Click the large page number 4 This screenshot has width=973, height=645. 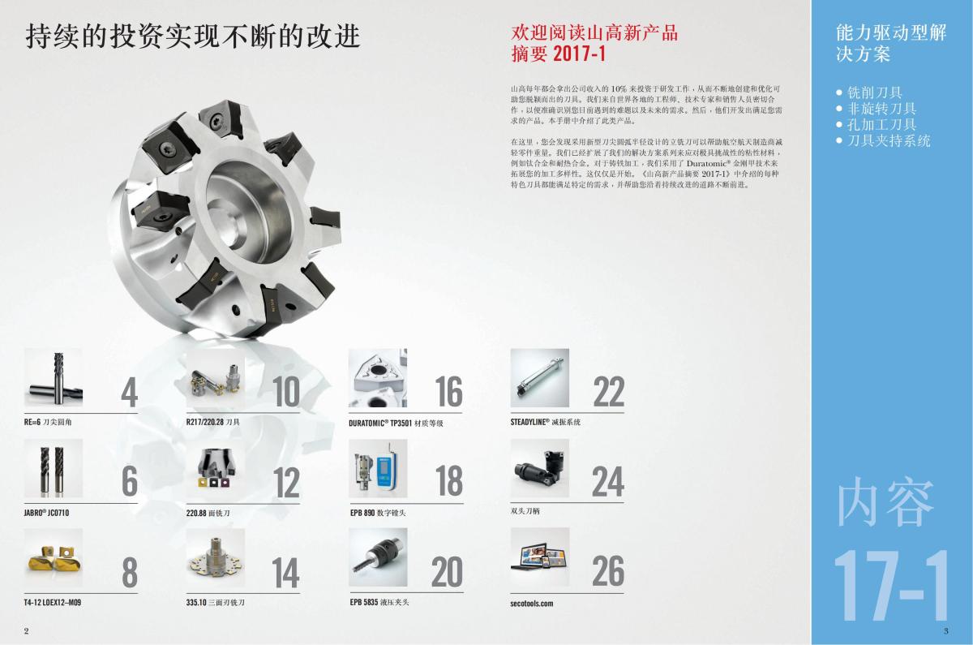click(x=130, y=393)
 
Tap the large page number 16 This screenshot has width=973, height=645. click(x=448, y=392)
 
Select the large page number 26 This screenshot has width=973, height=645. click(x=608, y=570)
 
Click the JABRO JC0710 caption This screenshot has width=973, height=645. click(x=46, y=513)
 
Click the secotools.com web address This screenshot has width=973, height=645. click(x=532, y=604)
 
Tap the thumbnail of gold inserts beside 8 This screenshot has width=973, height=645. click(x=54, y=557)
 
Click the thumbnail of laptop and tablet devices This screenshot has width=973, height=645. click(x=539, y=557)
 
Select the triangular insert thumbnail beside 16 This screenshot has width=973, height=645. click(x=378, y=378)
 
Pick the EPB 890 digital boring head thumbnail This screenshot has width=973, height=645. click(x=378, y=468)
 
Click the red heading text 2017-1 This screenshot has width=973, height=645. click(x=579, y=54)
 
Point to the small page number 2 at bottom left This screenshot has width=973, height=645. click(x=27, y=631)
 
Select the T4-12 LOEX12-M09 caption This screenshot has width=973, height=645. click(x=53, y=602)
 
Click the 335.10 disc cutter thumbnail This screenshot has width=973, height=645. click(x=216, y=557)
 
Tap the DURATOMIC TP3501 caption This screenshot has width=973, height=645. click(x=396, y=424)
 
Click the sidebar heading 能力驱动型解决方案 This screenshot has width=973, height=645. click(x=890, y=43)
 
